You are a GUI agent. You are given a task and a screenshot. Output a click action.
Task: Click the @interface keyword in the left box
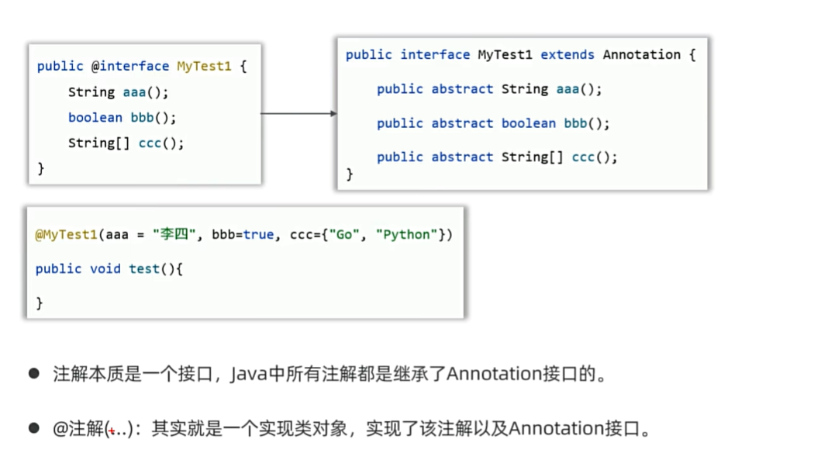[130, 66]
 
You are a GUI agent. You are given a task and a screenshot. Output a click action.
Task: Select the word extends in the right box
[568, 54]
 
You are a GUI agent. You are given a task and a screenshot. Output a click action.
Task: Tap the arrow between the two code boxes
[298, 113]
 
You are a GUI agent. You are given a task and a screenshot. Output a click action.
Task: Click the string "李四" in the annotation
[174, 234]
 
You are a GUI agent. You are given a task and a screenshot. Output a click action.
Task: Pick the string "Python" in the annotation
[406, 235]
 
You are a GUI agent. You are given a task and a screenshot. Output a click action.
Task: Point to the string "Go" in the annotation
[343, 234]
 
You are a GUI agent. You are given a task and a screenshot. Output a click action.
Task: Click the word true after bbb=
[258, 234]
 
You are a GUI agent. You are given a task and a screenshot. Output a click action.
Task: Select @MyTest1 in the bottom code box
[66, 235]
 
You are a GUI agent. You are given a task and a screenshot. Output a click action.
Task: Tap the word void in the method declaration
[105, 268]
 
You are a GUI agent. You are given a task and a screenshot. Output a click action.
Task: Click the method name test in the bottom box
[144, 268]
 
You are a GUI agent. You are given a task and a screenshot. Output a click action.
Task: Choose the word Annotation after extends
[642, 54]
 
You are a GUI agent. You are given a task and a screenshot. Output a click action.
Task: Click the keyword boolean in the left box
[95, 117]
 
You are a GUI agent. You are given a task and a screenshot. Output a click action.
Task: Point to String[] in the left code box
[98, 143]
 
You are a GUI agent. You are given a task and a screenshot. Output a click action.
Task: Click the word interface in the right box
[435, 54]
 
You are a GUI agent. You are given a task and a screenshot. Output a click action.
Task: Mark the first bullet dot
[34, 374]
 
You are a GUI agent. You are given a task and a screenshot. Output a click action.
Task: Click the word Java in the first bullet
[249, 374]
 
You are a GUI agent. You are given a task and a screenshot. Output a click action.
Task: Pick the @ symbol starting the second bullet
[62, 428]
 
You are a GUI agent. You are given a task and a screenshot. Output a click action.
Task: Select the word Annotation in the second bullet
[556, 428]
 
